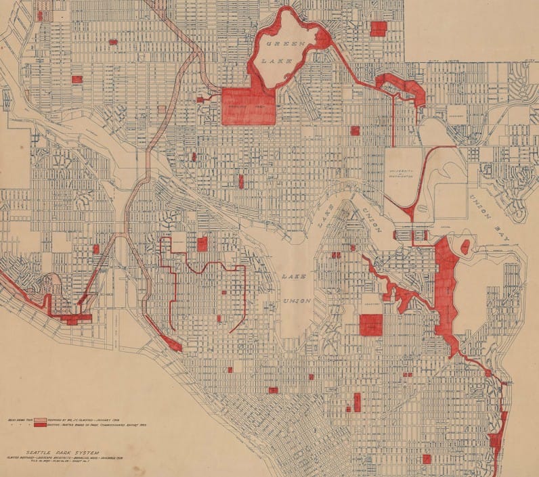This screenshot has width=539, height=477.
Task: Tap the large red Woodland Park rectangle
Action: [x=248, y=106]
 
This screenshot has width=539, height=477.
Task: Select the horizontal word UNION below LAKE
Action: [x=297, y=300]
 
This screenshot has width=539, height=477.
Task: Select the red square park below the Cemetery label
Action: [x=371, y=325]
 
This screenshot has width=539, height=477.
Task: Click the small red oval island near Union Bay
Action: [x=465, y=248]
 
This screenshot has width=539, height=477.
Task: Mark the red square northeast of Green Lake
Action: [x=378, y=28]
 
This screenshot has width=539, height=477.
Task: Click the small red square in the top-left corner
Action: [x=40, y=16]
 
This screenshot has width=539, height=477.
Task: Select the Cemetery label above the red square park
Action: [x=371, y=306]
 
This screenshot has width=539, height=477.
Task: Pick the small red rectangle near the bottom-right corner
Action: [x=427, y=459]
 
